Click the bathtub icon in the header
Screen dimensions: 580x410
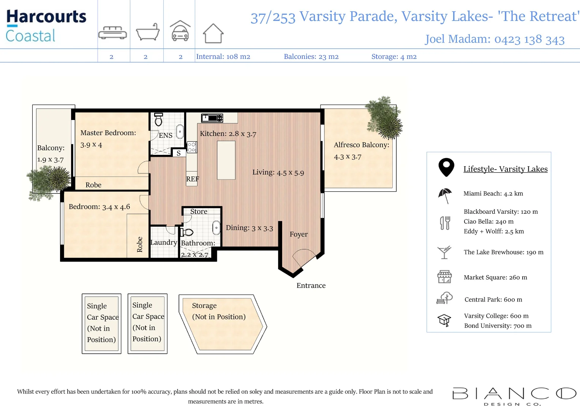tap(148, 32)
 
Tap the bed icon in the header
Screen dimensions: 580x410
tap(112, 33)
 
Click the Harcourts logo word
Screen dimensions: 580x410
tap(46, 17)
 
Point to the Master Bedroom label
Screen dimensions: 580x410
tap(108, 133)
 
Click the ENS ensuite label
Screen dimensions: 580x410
tap(166, 136)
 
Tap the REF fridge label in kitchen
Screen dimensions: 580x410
tap(193, 179)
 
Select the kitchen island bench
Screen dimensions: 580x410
tap(226, 160)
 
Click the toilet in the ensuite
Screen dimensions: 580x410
tap(158, 119)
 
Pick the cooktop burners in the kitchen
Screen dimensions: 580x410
tap(191, 147)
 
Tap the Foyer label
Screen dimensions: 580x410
tap(299, 234)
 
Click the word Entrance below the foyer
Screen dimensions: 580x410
tap(311, 285)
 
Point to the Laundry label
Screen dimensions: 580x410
tap(164, 243)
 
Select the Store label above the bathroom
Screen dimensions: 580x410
tap(199, 211)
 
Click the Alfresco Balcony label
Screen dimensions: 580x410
tap(362, 145)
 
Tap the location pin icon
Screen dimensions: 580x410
tap(446, 167)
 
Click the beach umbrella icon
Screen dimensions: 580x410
tap(445, 196)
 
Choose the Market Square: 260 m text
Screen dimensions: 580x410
tap(495, 278)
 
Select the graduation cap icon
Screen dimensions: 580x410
tap(444, 320)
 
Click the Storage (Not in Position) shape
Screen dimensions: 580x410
tap(223, 324)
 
